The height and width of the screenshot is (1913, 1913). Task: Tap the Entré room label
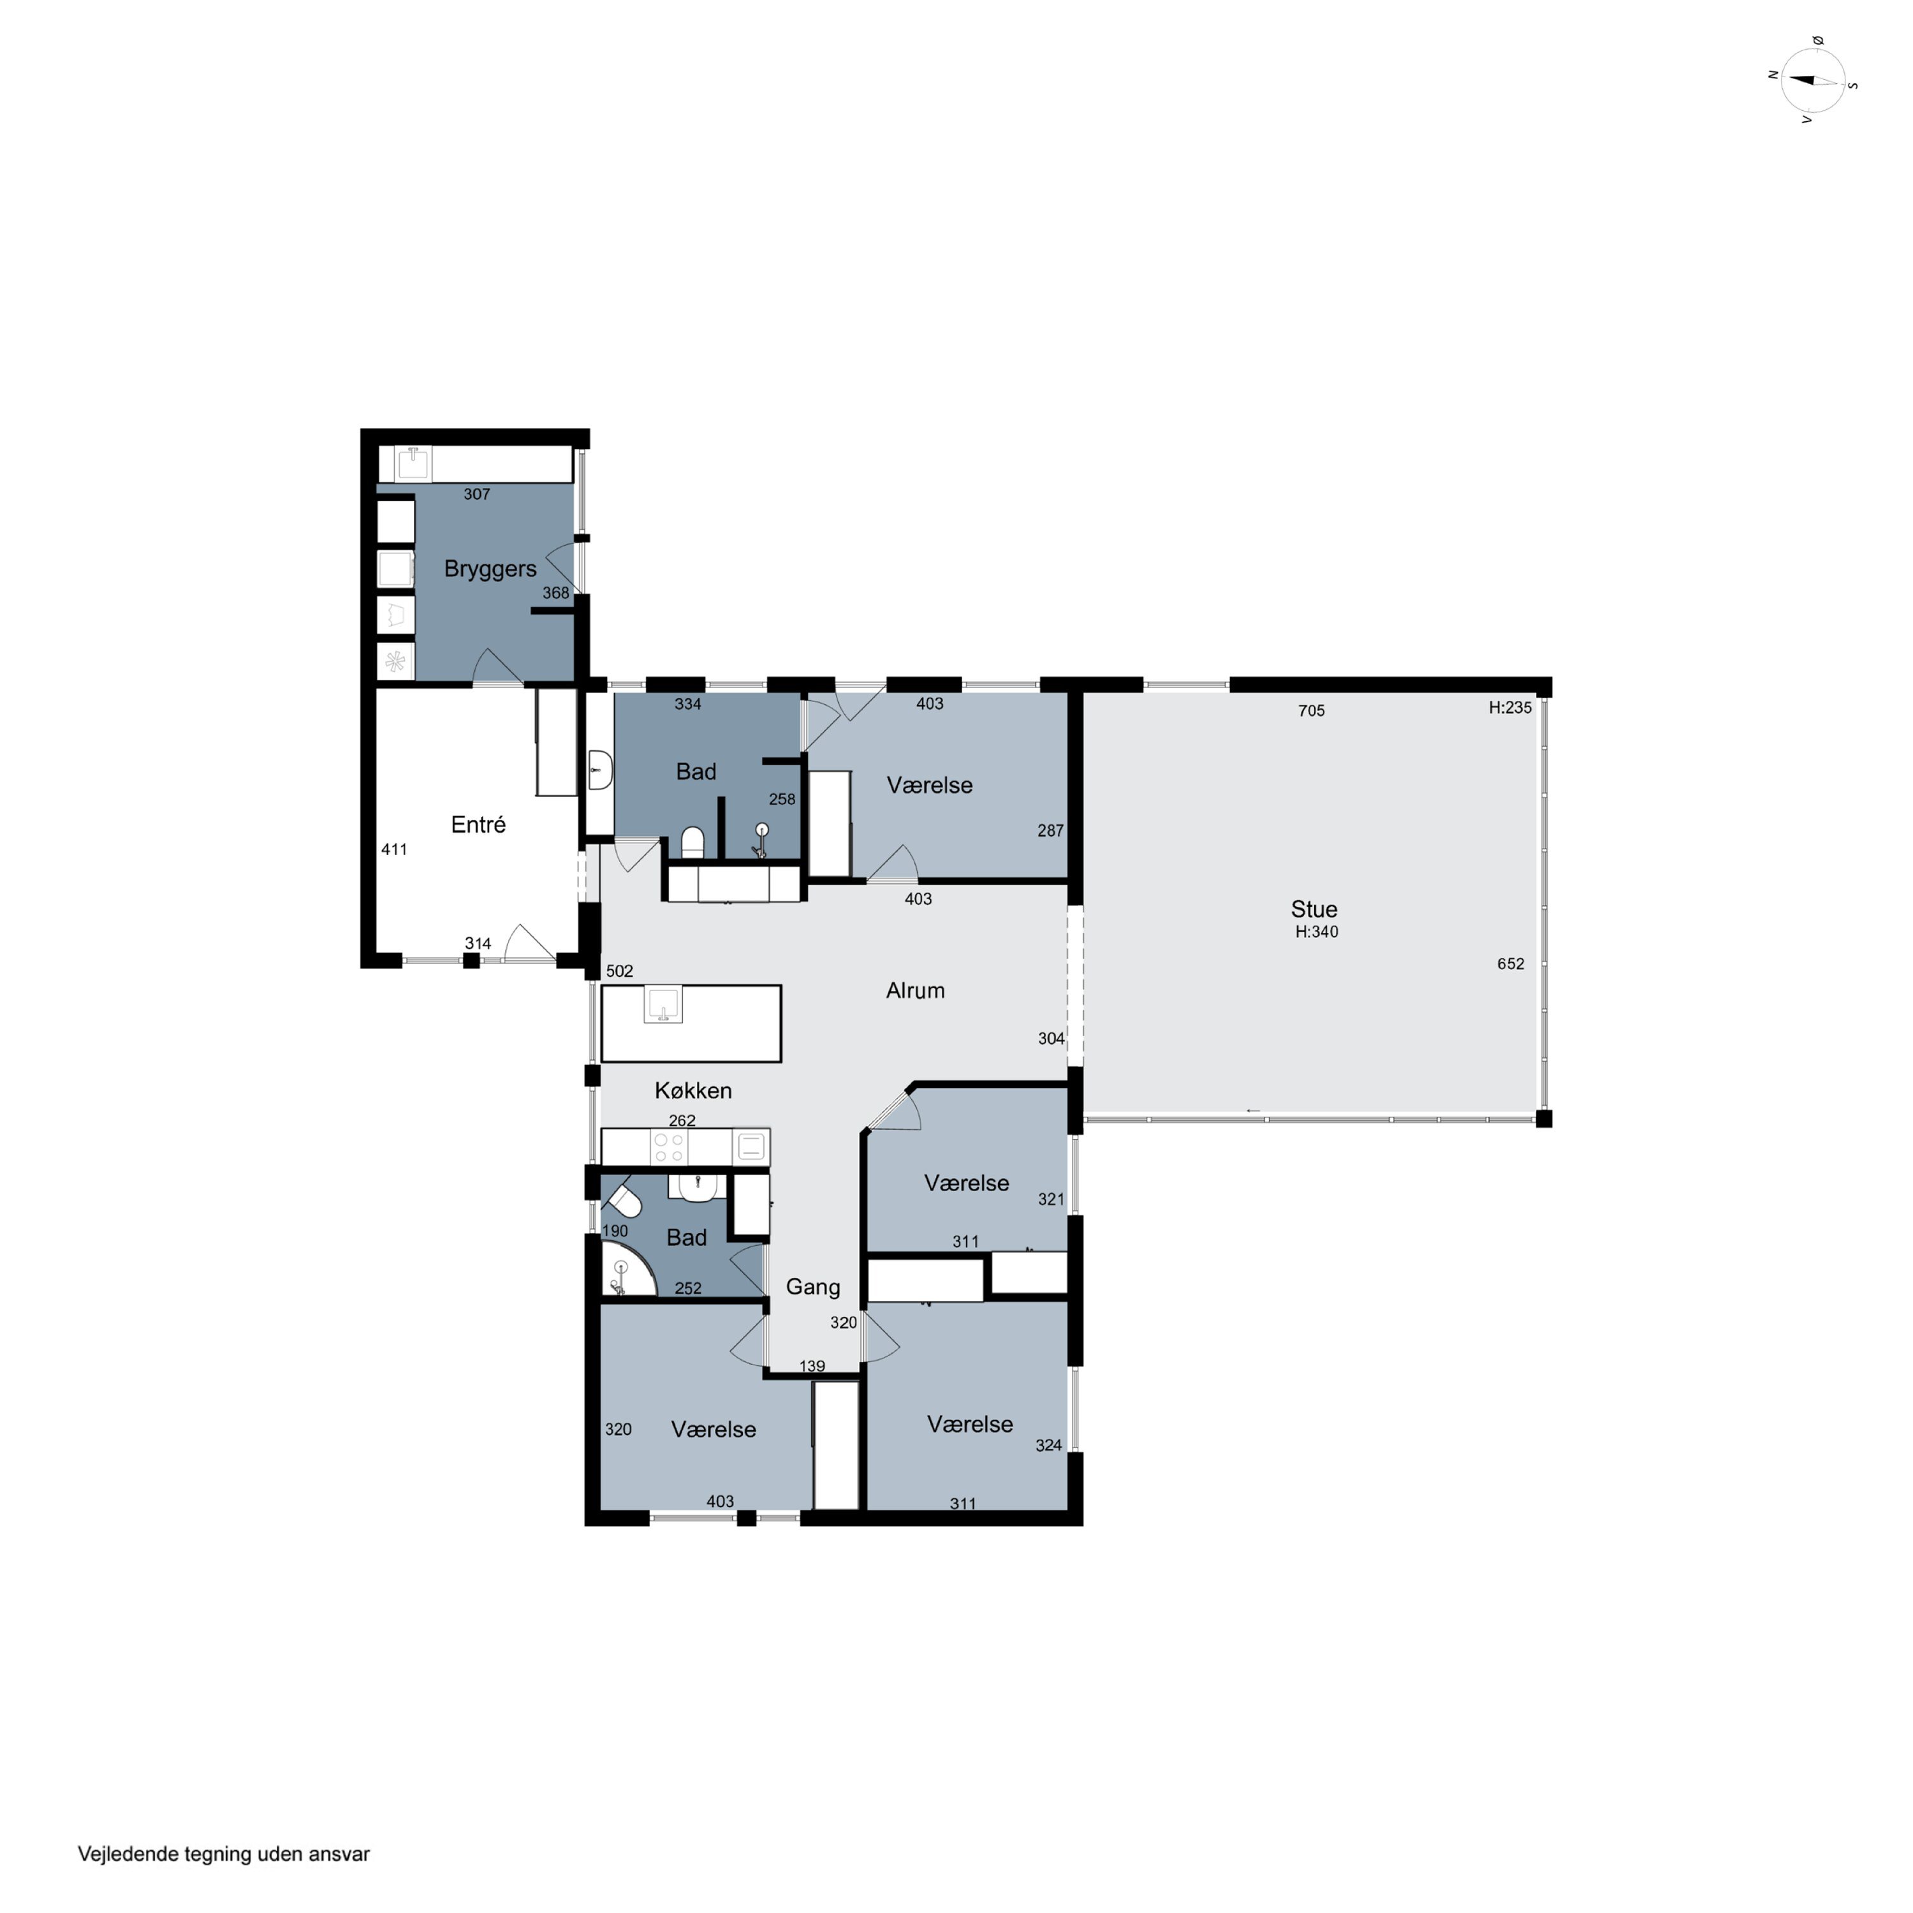tap(478, 825)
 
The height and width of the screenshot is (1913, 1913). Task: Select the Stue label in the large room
tap(1314, 909)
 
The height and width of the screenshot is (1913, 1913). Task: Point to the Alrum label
tap(915, 990)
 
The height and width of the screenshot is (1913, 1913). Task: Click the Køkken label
tap(693, 1090)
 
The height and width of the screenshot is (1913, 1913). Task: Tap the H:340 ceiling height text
tap(1317, 932)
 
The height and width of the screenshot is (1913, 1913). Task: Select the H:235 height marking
tap(1510, 708)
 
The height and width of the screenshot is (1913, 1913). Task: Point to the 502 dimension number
tap(620, 971)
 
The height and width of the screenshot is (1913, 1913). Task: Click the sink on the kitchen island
tap(663, 1004)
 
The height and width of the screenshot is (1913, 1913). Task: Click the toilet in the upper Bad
tap(692, 842)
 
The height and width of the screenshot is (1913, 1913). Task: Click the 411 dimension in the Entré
tap(394, 849)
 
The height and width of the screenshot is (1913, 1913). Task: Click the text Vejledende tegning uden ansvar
tap(224, 1854)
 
